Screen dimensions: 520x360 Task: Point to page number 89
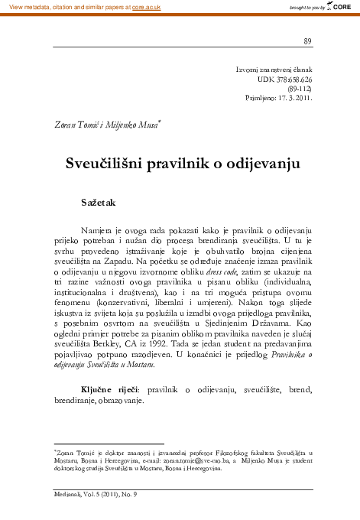point(307,41)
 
